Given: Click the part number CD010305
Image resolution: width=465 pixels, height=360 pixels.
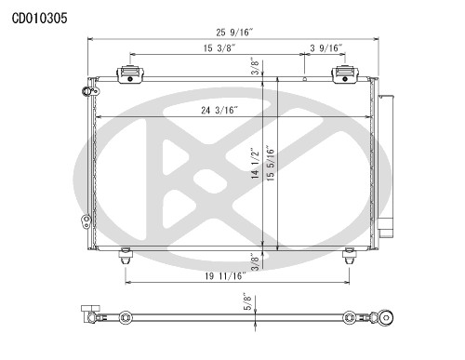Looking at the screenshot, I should (x=38, y=17).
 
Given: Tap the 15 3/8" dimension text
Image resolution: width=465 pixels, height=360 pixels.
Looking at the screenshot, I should (x=218, y=48).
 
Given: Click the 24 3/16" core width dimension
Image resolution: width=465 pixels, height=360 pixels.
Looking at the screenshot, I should (x=219, y=110).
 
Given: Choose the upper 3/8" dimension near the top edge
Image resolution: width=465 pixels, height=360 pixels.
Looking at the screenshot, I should (x=255, y=67).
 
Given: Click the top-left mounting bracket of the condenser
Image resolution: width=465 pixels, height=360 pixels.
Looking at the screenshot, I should (x=127, y=73).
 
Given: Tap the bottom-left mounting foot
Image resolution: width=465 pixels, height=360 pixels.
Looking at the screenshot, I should (x=126, y=254).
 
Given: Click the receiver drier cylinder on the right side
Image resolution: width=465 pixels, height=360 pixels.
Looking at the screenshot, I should (x=386, y=163).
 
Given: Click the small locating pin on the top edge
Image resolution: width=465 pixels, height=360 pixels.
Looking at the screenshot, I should (x=305, y=80).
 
